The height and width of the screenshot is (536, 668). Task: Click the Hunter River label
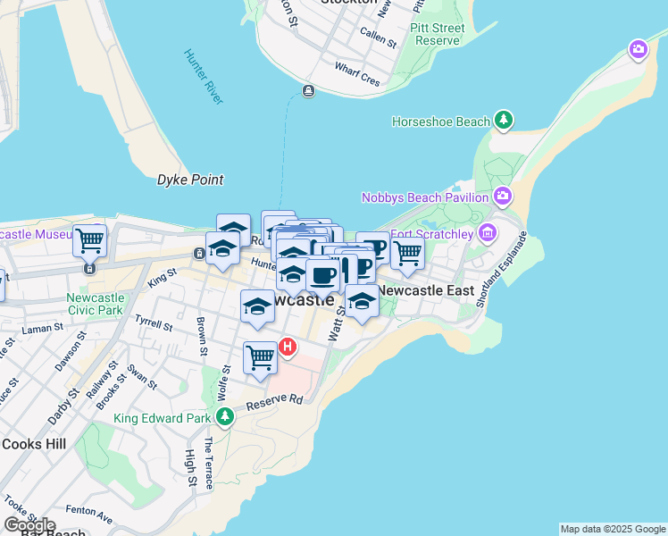(x=204, y=76)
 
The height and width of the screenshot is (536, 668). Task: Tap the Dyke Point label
(x=189, y=180)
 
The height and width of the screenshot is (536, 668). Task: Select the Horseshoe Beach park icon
(x=504, y=120)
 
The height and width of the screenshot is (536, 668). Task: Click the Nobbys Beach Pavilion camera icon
(x=503, y=196)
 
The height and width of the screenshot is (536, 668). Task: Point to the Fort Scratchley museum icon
(x=487, y=234)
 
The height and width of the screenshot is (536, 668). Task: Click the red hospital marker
(x=288, y=346)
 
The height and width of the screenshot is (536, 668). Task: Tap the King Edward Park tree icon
(x=225, y=416)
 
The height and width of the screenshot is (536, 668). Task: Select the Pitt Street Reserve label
(x=437, y=35)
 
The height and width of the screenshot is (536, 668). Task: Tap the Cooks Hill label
(x=33, y=443)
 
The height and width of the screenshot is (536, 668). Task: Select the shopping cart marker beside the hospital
(x=260, y=357)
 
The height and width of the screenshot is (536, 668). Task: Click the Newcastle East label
(x=426, y=290)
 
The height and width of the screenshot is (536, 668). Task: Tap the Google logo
(x=29, y=525)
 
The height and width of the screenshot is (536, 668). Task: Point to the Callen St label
(x=378, y=37)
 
